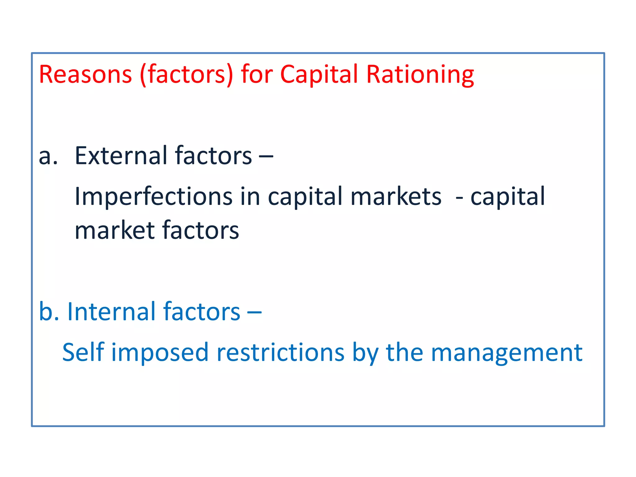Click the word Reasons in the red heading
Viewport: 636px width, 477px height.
point(85,75)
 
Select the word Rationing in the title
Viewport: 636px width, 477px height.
point(420,75)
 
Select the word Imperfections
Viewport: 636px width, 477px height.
point(153,197)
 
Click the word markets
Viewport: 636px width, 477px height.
point(396,197)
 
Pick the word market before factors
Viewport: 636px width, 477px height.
point(115,231)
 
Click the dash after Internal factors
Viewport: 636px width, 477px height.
point(254,312)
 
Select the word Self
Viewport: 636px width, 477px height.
point(83,352)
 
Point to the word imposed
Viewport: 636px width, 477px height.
point(160,353)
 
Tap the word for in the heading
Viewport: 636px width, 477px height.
point(257,75)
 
